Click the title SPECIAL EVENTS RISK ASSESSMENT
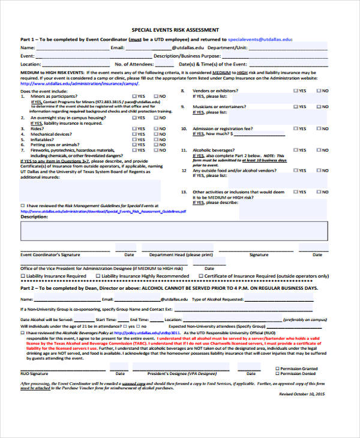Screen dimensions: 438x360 click(175, 29)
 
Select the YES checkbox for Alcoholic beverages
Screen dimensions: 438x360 click(295, 151)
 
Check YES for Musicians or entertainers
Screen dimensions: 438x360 click(295, 107)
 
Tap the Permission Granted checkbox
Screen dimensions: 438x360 click(277, 368)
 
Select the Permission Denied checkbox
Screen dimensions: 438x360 click(277, 374)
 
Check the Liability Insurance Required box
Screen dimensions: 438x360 click(23, 276)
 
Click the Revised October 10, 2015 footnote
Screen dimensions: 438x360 click(302, 394)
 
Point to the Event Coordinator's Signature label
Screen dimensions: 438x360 click(50, 254)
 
